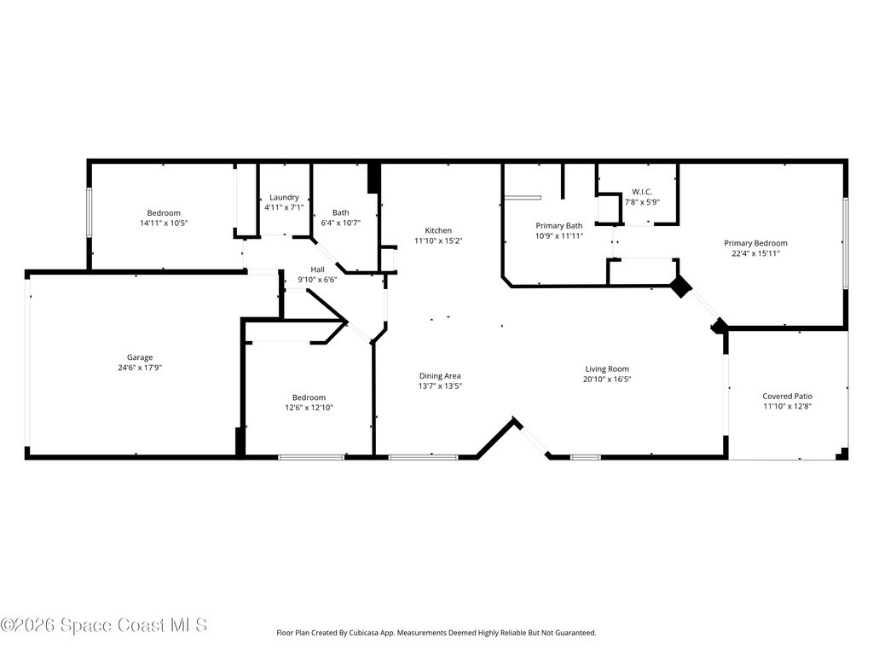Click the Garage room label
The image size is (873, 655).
click(140, 357)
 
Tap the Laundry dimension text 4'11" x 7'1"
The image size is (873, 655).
click(284, 207)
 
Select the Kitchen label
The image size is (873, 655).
click(438, 230)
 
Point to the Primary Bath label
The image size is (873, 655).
click(559, 225)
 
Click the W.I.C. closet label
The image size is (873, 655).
click(642, 192)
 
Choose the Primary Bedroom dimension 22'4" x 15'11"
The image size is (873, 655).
click(755, 253)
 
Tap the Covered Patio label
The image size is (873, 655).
click(787, 397)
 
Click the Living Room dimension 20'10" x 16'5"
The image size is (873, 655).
click(607, 380)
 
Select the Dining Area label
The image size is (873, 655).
click(440, 376)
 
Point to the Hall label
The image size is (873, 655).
click(317, 270)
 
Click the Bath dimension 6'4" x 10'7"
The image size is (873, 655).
click(341, 223)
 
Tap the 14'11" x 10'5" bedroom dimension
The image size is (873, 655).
click(164, 223)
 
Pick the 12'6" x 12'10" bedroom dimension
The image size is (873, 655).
click(309, 408)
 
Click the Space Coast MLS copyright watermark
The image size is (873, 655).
click(104, 625)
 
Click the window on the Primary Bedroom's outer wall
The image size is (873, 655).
click(845, 243)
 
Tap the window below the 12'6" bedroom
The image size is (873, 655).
click(311, 457)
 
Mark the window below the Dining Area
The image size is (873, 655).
click(423, 457)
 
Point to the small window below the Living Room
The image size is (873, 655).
click(586, 457)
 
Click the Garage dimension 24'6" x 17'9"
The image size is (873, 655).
click(140, 368)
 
